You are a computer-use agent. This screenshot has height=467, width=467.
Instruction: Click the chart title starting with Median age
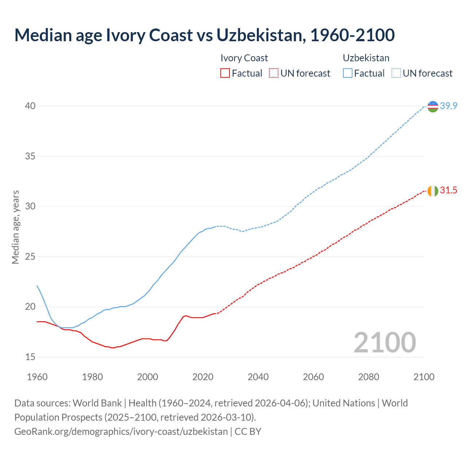[204, 35]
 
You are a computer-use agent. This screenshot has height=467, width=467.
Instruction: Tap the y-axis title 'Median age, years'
[15, 227]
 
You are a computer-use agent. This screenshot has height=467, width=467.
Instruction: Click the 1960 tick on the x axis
[37, 377]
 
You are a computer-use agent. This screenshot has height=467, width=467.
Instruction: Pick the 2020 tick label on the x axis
[203, 377]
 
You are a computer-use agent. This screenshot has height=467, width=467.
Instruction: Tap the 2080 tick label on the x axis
[368, 377]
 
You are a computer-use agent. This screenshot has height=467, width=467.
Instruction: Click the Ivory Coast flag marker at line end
[433, 191]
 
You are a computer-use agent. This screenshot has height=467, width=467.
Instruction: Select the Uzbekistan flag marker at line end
[433, 107]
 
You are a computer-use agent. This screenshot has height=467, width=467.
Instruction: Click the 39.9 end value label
[448, 106]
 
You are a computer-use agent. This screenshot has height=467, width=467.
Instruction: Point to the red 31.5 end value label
[448, 190]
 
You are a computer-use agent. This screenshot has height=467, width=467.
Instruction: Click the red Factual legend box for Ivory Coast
[225, 73]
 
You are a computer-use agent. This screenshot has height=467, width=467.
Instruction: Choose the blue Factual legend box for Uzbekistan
[348, 73]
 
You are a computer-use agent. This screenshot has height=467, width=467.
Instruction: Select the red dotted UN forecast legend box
[274, 73]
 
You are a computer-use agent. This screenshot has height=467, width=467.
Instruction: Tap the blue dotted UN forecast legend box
[396, 73]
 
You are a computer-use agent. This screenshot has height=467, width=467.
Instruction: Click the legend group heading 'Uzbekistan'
[366, 58]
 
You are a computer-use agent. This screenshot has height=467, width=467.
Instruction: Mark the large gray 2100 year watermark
[385, 342]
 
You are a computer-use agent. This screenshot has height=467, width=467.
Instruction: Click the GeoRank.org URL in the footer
[121, 432]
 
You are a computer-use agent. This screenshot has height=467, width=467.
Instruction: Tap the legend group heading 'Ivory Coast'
[244, 58]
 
